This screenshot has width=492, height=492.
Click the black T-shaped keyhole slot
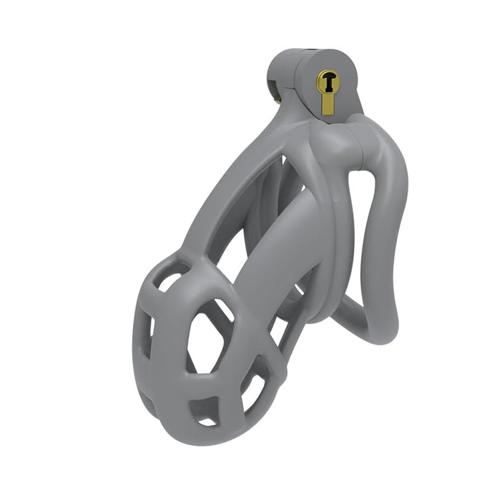click(x=327, y=80)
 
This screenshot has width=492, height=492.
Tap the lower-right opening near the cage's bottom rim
click(x=252, y=394)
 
